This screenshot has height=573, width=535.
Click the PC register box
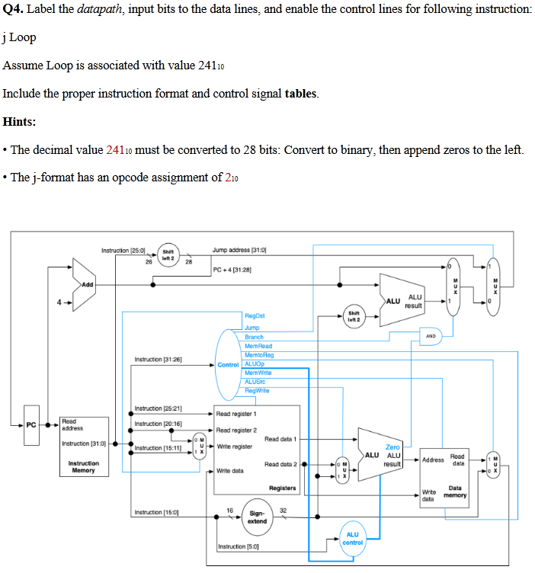[x=31, y=424]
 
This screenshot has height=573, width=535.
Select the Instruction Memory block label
[x=83, y=466]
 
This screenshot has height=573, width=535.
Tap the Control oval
[x=228, y=364]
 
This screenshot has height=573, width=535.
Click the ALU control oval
[x=352, y=538]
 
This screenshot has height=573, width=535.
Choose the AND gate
[x=431, y=335]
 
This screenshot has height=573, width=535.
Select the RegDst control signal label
[x=255, y=315]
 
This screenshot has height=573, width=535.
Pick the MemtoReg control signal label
[x=259, y=354]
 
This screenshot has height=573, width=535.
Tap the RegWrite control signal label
[x=258, y=391]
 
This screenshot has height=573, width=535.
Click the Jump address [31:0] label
[x=239, y=250]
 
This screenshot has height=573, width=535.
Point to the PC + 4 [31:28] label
[x=232, y=270]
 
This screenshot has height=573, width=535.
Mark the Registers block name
[x=282, y=488]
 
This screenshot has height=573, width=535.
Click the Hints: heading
[x=20, y=122]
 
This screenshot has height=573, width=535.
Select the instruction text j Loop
[x=19, y=37]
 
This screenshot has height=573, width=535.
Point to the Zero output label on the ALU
[x=393, y=447]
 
